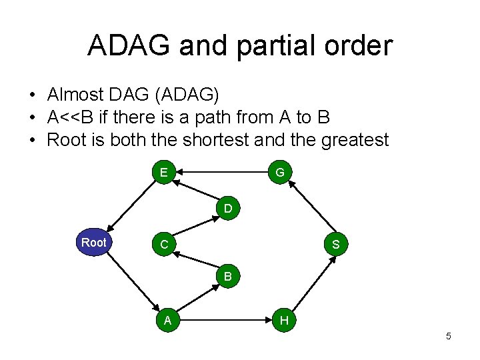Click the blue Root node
tap(94, 243)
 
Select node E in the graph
tap(163, 173)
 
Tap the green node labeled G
tap(280, 173)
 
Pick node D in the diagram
tap(228, 209)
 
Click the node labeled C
tap(163, 245)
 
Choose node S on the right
tap(335, 245)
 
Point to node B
tap(228, 275)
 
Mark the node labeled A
tap(168, 321)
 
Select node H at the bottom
tap(284, 321)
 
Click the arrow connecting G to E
tap(221, 173)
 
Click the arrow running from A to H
tap(225, 321)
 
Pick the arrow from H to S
tap(310, 284)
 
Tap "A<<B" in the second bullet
tap(71, 117)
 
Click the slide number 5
tap(448, 336)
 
